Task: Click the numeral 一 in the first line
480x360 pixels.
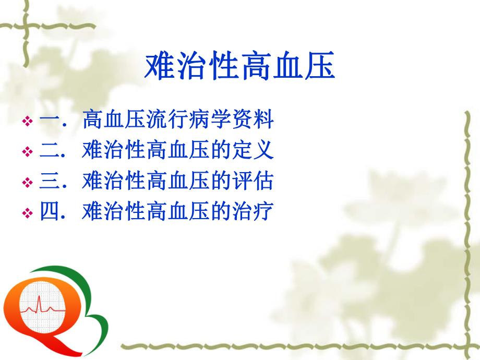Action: click(49, 121)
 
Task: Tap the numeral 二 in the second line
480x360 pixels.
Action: click(49, 151)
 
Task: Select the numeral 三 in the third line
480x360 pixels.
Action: click(49, 182)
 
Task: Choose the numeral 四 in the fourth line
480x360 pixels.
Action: click(49, 212)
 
